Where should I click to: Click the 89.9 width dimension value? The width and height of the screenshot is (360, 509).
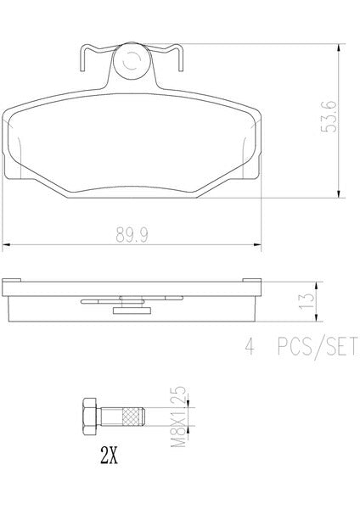(x=132, y=235)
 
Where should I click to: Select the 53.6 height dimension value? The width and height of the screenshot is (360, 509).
(x=329, y=116)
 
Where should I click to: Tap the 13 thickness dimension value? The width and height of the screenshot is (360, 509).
(x=307, y=301)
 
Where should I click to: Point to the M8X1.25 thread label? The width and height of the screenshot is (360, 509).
(x=178, y=417)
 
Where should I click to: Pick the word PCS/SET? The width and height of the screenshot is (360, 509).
(x=317, y=346)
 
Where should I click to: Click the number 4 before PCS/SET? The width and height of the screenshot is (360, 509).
(x=250, y=346)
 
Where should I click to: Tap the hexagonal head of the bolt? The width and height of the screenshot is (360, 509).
(x=89, y=417)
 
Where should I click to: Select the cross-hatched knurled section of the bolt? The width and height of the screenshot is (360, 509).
(x=132, y=417)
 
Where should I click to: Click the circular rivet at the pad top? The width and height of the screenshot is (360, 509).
(x=132, y=61)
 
